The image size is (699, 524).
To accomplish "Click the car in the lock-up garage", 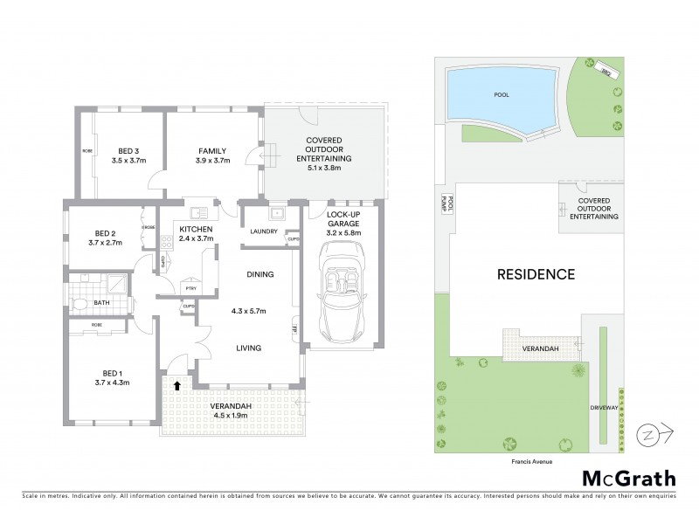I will pyautogui.click(x=341, y=293).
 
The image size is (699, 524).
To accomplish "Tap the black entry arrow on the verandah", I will pyautogui.click(x=177, y=384).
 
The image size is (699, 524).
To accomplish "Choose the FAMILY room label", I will pyautogui.click(x=212, y=150).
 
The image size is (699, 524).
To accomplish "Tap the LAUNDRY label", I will pyautogui.click(x=263, y=231).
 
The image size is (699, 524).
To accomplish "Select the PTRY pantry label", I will pyautogui.click(x=190, y=287).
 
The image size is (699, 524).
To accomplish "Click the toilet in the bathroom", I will pyautogui.click(x=80, y=304).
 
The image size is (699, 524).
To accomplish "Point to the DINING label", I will pyautogui.click(x=260, y=274).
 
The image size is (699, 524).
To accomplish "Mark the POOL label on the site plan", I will pyautogui.click(x=501, y=94).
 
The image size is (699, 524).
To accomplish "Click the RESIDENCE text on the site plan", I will pyautogui.click(x=536, y=274).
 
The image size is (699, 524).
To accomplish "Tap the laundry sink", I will pyautogui.click(x=276, y=212).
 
